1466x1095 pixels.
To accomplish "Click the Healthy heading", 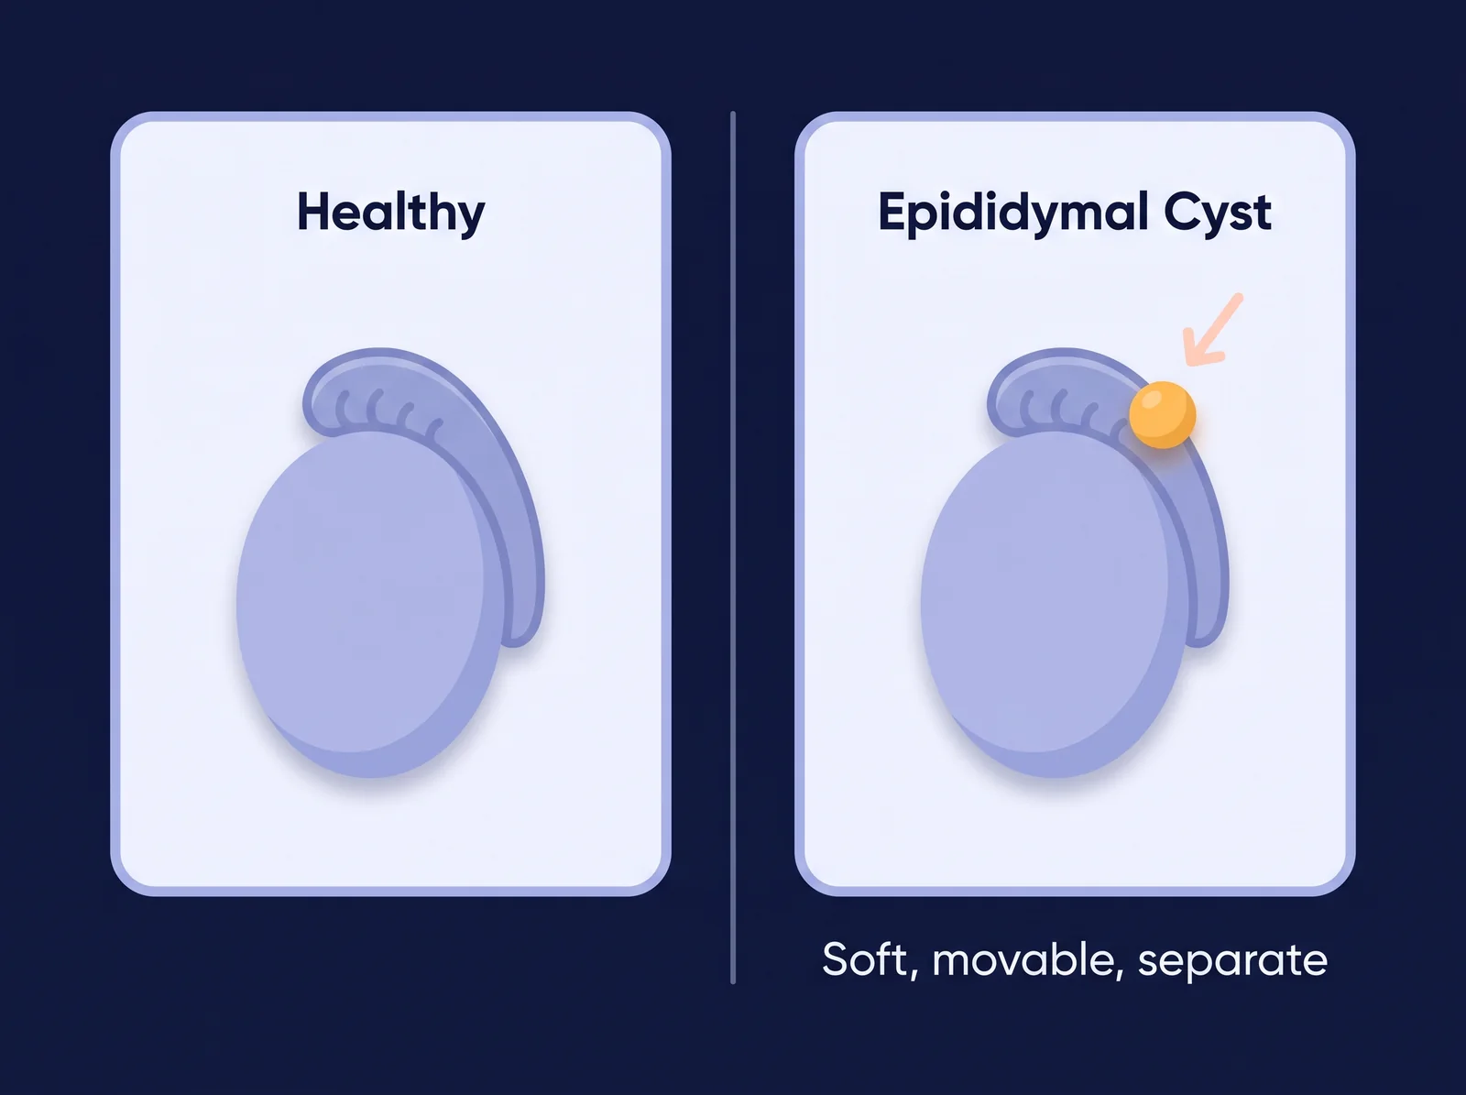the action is pyautogui.click(x=390, y=213).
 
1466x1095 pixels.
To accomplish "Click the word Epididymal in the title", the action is pyautogui.click(x=1013, y=213).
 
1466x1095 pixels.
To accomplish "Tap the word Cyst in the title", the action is pyautogui.click(x=1218, y=213).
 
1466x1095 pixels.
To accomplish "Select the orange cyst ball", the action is pyautogui.click(x=1162, y=414).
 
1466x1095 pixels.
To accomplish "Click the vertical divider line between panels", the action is pyautogui.click(x=733, y=548).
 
